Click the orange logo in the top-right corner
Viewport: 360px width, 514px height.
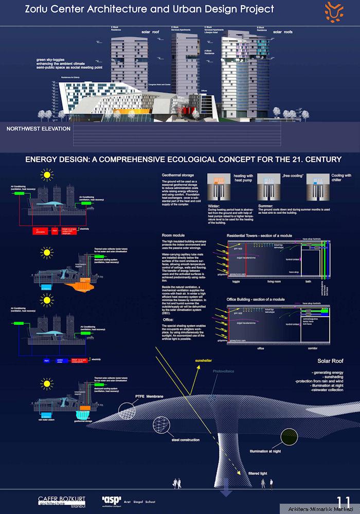[336, 11]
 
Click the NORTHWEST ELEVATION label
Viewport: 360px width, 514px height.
[38, 129]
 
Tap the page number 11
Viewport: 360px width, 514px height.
[344, 501]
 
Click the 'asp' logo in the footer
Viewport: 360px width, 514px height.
[111, 500]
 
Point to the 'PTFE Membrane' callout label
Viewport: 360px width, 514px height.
[149, 397]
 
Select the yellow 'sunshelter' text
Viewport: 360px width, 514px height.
[203, 361]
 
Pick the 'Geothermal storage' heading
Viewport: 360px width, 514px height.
[177, 175]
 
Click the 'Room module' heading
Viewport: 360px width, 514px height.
[174, 235]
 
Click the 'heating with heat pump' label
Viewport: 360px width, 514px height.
[243, 178]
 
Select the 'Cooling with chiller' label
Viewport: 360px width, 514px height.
[341, 178]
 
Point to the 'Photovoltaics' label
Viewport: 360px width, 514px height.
[224, 371]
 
